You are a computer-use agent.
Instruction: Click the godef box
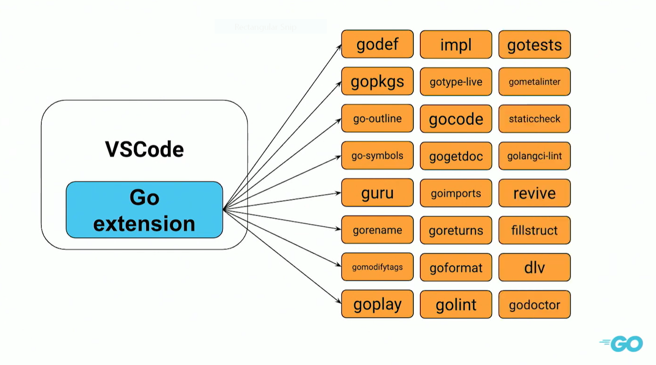(377, 44)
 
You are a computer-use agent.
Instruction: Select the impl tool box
(456, 45)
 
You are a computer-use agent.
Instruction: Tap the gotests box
(534, 45)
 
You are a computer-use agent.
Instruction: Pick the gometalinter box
(534, 82)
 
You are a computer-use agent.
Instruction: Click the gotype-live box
(456, 82)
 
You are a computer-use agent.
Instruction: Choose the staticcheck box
(534, 119)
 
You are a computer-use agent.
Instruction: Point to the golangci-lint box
(534, 156)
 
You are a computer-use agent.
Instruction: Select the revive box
(534, 193)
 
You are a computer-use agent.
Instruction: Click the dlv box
(534, 268)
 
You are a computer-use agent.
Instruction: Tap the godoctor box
(534, 305)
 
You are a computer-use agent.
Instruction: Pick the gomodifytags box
(377, 267)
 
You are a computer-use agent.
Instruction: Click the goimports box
(456, 193)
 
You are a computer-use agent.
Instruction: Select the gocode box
(456, 119)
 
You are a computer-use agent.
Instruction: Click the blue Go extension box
(144, 210)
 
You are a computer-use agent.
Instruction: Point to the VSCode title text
(144, 150)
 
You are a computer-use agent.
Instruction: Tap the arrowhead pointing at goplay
(338, 301)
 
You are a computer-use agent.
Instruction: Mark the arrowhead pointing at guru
(338, 193)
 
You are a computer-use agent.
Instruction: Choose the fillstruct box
(534, 231)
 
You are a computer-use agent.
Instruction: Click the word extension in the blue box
(144, 223)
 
